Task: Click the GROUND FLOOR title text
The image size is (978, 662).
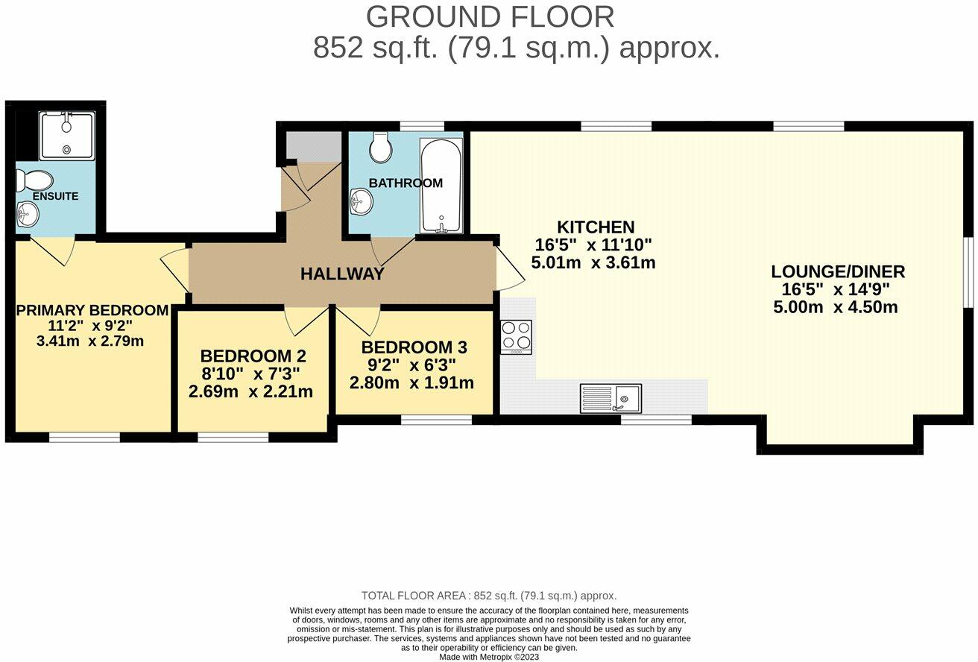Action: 490,16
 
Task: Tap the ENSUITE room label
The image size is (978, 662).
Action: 55,196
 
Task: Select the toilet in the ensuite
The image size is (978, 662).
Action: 35,180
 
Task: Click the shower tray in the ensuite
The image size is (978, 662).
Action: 67,136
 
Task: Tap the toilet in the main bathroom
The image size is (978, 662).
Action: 381,148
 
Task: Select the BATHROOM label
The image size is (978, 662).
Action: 406,183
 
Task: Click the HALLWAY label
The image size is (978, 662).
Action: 342,274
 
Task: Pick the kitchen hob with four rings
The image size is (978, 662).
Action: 516,337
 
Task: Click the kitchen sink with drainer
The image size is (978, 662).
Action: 611,398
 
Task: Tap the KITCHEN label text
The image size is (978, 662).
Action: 595,227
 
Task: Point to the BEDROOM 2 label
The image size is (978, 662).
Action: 253,356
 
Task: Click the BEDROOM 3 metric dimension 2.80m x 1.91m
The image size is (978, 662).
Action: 411,383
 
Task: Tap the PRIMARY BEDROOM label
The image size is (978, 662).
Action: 92,310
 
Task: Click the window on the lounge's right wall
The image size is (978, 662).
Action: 968,272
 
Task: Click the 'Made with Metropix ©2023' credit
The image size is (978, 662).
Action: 489,657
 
